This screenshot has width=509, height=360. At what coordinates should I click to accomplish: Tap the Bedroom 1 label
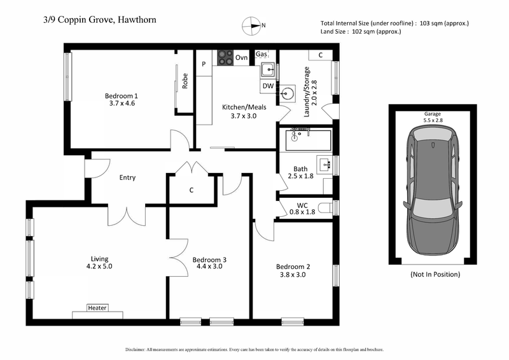pyautogui.click(x=121, y=96)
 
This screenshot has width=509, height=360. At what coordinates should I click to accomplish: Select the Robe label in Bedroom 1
pyautogui.click(x=185, y=81)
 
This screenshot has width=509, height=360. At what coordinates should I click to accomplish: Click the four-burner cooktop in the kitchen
pyautogui.click(x=225, y=57)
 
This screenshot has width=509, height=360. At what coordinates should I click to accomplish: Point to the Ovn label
pyautogui.click(x=241, y=58)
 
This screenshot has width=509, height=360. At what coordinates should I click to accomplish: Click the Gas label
pyautogui.click(x=261, y=55)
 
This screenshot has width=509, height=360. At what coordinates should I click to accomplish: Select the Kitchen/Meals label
pyautogui.click(x=244, y=107)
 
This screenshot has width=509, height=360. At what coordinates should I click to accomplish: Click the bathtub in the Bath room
pyautogui.click(x=309, y=139)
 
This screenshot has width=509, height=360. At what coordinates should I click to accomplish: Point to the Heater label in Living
pyautogui.click(x=97, y=308)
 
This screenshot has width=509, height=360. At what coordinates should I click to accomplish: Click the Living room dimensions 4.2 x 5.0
pyautogui.click(x=99, y=268)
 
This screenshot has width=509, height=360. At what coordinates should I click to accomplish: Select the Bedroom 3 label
pyautogui.click(x=209, y=260)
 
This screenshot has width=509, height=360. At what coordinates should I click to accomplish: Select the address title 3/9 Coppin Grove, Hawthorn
pyautogui.click(x=96, y=20)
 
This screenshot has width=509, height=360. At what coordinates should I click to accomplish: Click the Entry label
pyautogui.click(x=127, y=177)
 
